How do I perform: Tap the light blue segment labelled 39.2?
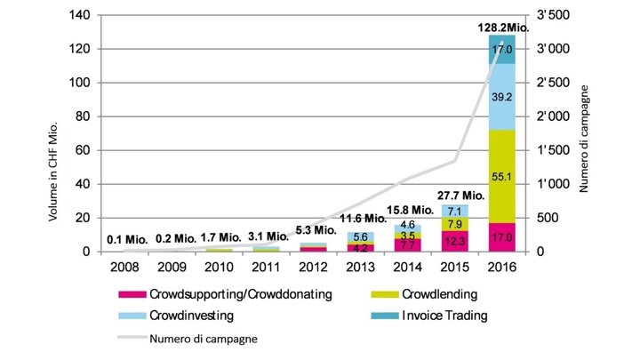[504, 97]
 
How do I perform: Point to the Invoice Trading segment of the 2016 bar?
[504, 50]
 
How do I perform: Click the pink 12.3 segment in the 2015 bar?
[455, 241]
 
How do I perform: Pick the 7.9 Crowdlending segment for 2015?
[455, 224]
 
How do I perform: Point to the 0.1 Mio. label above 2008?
[124, 238]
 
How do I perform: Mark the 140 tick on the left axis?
[77, 16]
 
